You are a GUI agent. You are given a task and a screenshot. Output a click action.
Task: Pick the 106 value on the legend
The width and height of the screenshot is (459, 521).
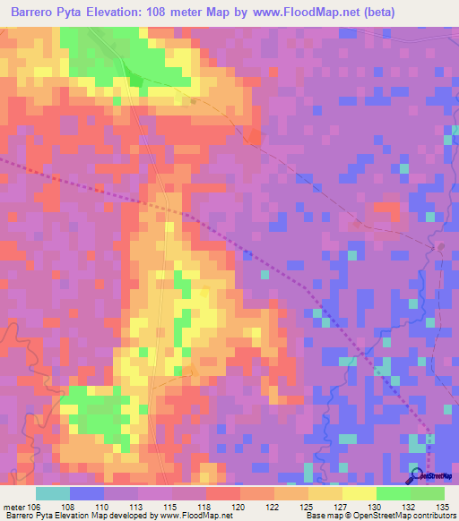click(35, 506)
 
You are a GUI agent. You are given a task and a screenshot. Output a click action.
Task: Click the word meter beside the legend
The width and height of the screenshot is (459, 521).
click(13, 506)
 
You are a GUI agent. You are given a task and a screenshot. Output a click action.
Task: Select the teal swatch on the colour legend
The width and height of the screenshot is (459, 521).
click(53, 493)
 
